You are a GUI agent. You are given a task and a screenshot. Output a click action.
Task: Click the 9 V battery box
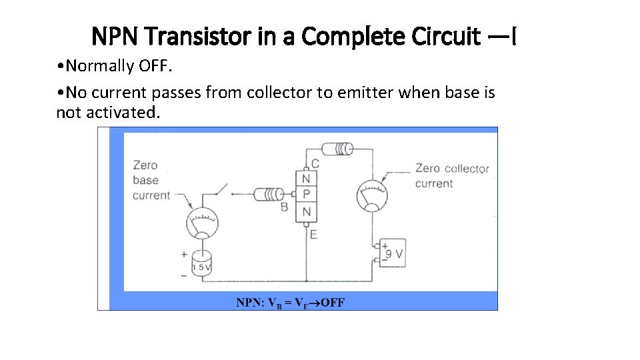point(391,253)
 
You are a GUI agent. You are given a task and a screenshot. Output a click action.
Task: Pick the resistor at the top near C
point(337,148)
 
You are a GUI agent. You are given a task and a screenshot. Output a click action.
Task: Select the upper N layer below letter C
point(306,179)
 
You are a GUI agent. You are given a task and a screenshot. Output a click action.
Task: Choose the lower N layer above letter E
point(306,212)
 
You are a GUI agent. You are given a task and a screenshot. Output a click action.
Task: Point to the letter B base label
point(284,207)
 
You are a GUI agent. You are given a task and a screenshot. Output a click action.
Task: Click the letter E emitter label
point(313,234)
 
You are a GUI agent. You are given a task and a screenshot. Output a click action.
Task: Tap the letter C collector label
point(315,163)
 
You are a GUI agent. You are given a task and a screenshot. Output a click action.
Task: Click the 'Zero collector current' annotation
point(452,176)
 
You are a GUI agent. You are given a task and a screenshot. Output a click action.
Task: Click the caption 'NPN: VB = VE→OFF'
point(290,303)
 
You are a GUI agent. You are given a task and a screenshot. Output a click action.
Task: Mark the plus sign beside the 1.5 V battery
point(184,254)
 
